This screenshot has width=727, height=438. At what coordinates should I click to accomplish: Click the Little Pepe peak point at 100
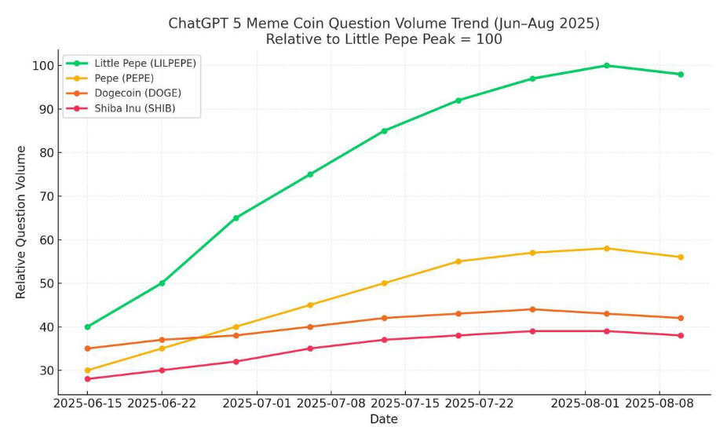pyautogui.click(x=606, y=65)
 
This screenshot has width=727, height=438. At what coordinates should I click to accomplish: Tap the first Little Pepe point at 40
pyautogui.click(x=87, y=327)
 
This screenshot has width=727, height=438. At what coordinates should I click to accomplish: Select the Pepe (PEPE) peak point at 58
pyautogui.click(x=606, y=248)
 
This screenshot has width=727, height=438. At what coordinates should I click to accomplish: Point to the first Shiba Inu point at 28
pyautogui.click(x=87, y=379)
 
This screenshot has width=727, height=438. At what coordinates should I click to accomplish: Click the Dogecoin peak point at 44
pyautogui.click(x=532, y=309)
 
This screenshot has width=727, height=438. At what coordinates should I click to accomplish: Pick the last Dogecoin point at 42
pyautogui.click(x=681, y=318)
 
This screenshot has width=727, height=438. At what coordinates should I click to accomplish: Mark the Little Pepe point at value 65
pyautogui.click(x=236, y=217)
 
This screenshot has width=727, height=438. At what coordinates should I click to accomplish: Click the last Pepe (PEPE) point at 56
pyautogui.click(x=681, y=257)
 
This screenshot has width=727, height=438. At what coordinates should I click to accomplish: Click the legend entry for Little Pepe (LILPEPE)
pyautogui.click(x=145, y=63)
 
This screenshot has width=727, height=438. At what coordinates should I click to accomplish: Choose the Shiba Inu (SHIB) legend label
pyautogui.click(x=135, y=109)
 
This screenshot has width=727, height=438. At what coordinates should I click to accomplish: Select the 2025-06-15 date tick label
pyautogui.click(x=87, y=403)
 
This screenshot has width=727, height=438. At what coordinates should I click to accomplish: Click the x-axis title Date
pyautogui.click(x=384, y=420)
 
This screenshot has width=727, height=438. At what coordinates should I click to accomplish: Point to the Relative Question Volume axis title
pyautogui.click(x=21, y=222)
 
